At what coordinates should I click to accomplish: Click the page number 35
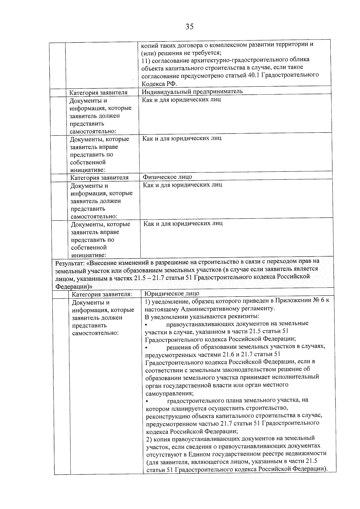click(x=189, y=27)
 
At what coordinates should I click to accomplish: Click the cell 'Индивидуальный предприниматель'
click(x=192, y=91)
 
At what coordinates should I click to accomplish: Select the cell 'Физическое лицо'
click(x=167, y=177)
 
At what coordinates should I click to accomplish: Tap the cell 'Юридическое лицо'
click(x=172, y=293)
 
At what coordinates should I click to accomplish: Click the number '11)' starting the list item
click(x=145, y=60)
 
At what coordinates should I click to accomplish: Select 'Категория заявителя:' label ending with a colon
click(x=102, y=294)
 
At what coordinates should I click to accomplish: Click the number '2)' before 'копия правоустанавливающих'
click(x=149, y=439)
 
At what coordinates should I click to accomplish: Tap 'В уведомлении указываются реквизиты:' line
click(x=202, y=316)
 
